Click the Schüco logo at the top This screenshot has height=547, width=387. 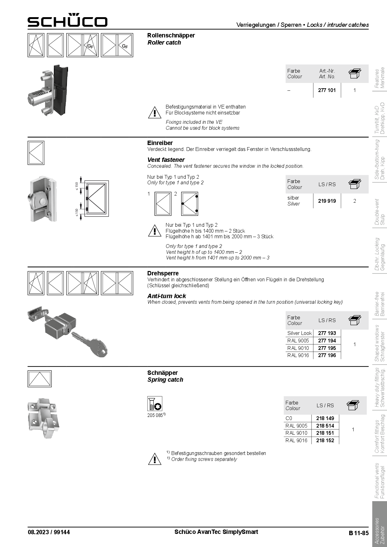coord(67,21)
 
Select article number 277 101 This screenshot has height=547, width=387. coord(327,90)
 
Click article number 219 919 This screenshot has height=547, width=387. coord(327,201)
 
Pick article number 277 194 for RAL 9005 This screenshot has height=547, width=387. coord(327,341)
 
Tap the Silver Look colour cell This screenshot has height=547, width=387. coord(299,333)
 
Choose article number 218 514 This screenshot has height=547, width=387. coord(325,426)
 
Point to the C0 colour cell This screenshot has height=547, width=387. coord(289,418)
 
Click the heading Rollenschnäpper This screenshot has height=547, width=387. coord(171,35)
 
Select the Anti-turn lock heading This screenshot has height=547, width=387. coord(166,296)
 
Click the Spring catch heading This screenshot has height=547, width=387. coord(165,380)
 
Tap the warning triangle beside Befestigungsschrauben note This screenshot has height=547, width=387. coord(154,459)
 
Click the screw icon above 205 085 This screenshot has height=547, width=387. coord(154,404)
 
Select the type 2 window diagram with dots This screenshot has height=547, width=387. coord(189,204)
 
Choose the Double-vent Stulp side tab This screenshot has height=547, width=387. coord(380,212)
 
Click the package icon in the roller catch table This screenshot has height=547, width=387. coord(355,74)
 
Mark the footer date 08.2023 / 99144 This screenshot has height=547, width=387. coord(49,532)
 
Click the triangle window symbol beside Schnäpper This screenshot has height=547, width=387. coord(39,379)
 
